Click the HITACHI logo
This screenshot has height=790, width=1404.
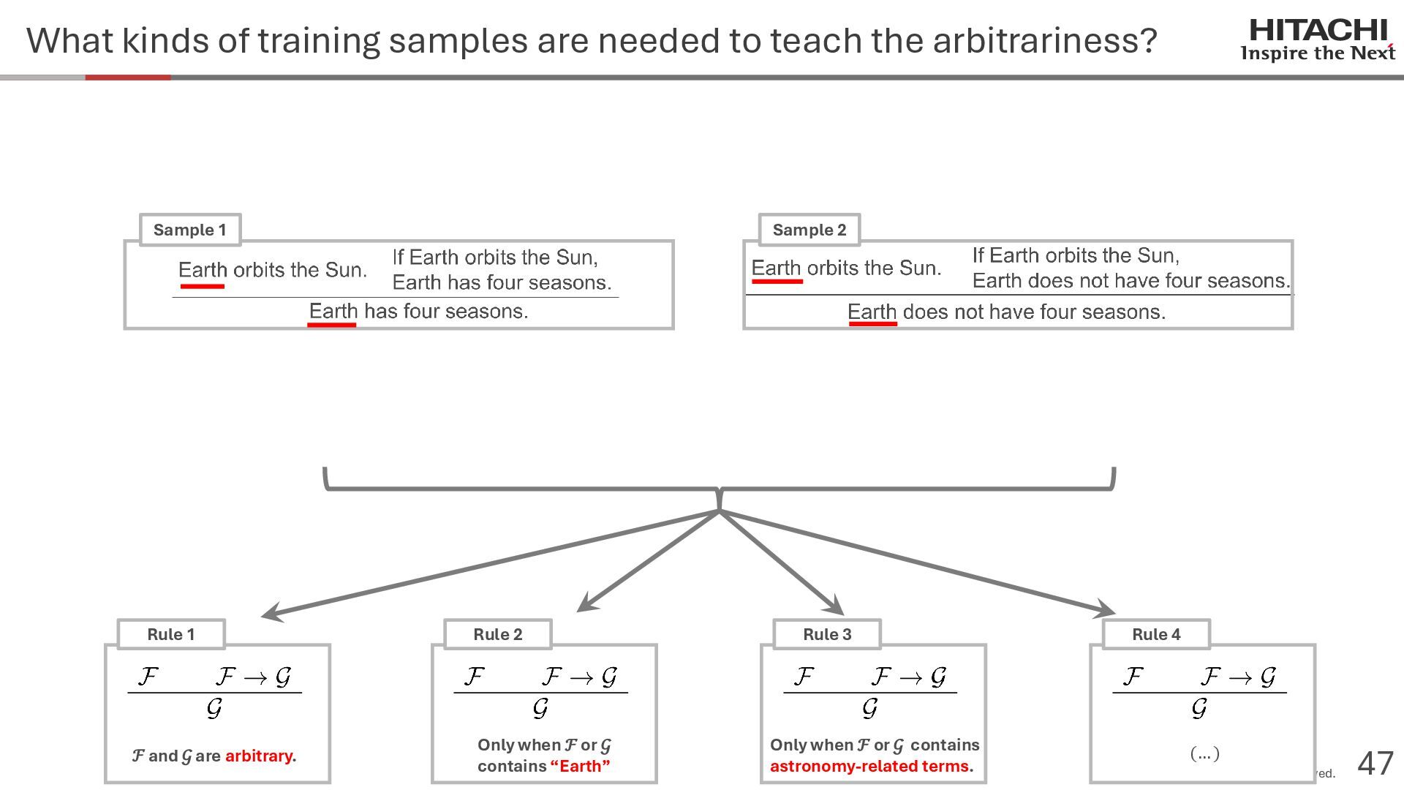point(1318,39)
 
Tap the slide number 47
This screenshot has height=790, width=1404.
point(1375,764)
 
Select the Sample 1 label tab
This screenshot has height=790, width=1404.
point(189,230)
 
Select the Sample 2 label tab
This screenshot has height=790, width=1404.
point(809,230)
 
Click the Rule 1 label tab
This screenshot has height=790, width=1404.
point(170,634)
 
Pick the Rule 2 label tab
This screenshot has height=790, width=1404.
point(497,634)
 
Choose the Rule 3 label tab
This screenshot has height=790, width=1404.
point(827,634)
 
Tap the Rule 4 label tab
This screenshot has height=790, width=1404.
point(1156,634)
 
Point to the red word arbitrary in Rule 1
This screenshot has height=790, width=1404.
point(258,756)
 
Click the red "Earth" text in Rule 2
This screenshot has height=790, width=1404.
point(580,766)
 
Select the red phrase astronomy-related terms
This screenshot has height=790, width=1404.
point(869,766)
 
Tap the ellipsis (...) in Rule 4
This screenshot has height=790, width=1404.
point(1204,753)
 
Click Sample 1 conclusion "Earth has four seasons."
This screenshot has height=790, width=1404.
point(418,312)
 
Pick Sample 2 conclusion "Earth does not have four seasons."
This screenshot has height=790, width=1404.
point(1006,312)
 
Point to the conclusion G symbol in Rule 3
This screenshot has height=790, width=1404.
point(869,707)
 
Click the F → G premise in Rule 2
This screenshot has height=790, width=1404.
point(580,677)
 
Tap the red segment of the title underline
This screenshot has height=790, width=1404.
point(128,77)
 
